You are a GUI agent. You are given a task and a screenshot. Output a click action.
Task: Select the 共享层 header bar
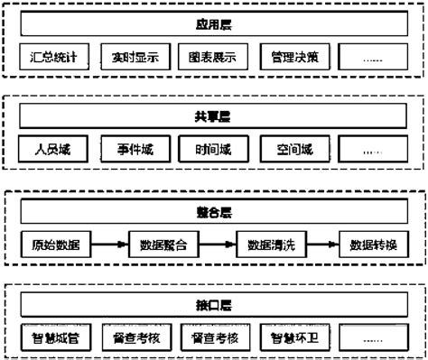(212, 117)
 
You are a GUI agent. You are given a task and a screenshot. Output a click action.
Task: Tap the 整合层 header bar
(212, 214)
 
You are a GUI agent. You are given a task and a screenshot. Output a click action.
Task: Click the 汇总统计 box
(53, 58)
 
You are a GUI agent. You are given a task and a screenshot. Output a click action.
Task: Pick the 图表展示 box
(212, 58)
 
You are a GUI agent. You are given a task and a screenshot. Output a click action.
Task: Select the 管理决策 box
(293, 58)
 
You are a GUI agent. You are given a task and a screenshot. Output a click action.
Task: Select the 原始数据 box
(55, 244)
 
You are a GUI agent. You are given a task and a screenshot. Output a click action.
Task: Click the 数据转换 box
(374, 244)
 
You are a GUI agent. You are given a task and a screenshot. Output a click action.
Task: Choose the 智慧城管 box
(53, 339)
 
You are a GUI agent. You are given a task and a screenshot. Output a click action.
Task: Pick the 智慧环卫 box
(293, 339)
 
